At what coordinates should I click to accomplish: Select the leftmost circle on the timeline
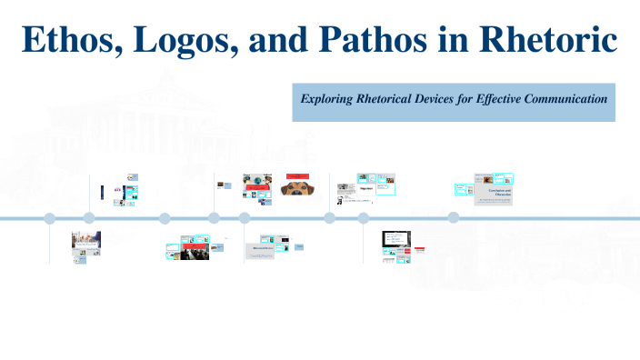[50, 218]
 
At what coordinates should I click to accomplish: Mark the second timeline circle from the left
[89, 218]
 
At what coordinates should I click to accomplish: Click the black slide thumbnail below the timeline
[395, 239]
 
